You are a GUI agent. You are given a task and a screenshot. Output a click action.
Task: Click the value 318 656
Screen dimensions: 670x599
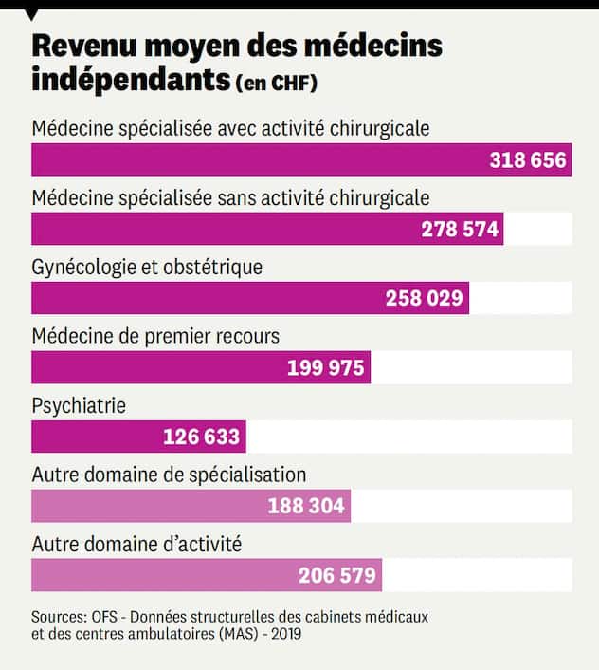click(x=528, y=160)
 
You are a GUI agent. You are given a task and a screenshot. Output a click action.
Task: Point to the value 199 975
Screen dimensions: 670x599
click(x=325, y=367)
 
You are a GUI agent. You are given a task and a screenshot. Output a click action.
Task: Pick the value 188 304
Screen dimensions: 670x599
click(x=305, y=506)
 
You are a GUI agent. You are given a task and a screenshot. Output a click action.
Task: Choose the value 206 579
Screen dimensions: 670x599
click(x=336, y=575)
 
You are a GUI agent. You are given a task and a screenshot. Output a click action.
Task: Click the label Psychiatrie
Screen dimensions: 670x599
click(x=79, y=405)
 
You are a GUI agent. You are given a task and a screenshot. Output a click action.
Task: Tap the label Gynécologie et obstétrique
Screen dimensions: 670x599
click(x=147, y=268)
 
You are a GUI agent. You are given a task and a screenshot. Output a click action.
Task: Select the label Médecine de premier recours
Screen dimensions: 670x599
click(x=155, y=336)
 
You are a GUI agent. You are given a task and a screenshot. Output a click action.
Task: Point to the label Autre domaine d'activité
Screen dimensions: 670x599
click(x=136, y=545)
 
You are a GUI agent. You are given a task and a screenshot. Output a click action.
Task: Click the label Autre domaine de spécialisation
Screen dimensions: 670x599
click(x=169, y=475)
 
